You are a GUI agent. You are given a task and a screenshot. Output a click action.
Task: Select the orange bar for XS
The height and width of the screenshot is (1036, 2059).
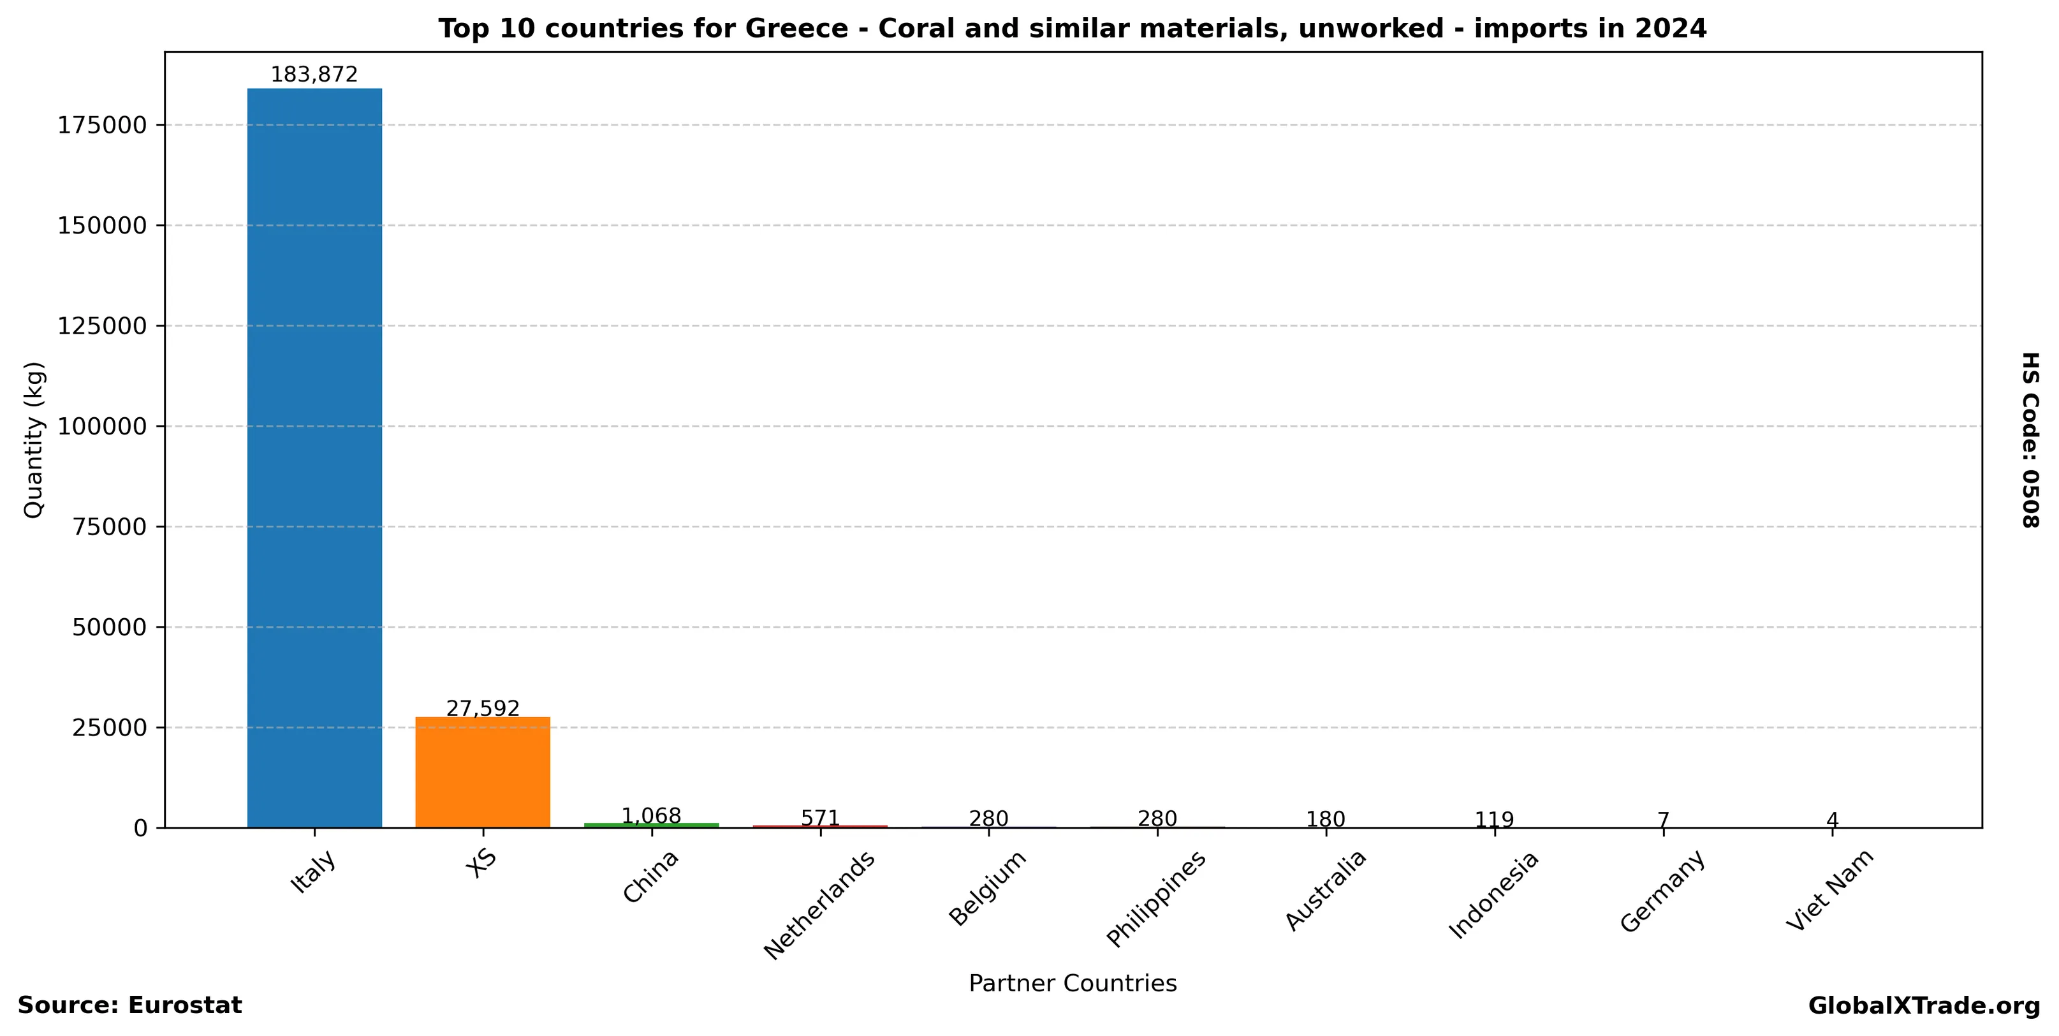tap(483, 771)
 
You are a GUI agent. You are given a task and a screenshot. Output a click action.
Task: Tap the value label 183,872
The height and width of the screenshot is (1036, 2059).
tap(314, 75)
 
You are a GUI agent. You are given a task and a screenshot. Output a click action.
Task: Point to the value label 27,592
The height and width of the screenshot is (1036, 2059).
tap(483, 708)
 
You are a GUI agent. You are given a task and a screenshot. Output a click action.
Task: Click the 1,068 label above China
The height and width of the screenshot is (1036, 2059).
tap(652, 816)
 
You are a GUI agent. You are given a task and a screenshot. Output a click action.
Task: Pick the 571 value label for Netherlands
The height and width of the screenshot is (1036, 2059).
tap(820, 818)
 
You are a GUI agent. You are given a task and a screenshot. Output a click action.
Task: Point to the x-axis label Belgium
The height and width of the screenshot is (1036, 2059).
tap(988, 888)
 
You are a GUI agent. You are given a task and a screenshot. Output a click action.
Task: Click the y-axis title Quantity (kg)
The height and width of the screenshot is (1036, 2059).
tap(34, 440)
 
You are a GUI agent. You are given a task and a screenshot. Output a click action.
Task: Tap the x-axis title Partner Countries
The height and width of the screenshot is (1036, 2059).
tap(1073, 983)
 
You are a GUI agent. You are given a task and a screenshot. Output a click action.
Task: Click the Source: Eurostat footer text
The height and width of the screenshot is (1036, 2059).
tap(129, 1005)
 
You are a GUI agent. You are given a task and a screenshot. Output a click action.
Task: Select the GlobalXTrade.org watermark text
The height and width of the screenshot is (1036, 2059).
tap(1924, 1007)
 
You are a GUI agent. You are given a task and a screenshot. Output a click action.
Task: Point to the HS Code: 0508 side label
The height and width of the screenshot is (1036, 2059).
tap(2031, 440)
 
